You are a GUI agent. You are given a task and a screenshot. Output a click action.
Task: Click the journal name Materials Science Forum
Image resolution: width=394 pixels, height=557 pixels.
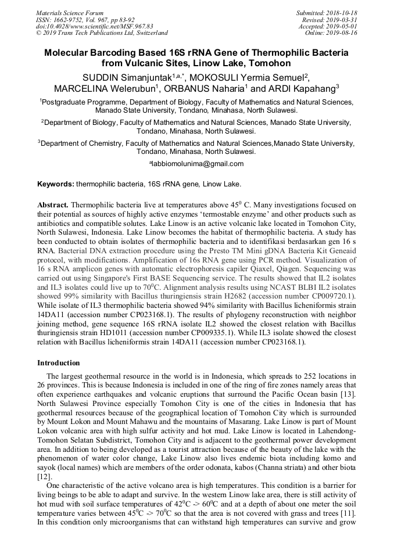[x=70, y=13]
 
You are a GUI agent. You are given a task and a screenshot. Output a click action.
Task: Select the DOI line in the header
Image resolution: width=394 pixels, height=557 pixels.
[x=94, y=26]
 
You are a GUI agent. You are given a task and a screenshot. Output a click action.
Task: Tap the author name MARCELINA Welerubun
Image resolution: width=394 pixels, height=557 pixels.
[x=103, y=89]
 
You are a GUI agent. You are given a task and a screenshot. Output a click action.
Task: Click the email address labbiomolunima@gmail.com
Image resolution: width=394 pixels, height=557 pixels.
[x=198, y=164]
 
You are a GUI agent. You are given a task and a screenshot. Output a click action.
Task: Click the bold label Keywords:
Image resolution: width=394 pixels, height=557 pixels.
[x=56, y=184]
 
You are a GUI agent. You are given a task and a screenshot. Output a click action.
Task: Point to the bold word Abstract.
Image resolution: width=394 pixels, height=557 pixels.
[x=53, y=205]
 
